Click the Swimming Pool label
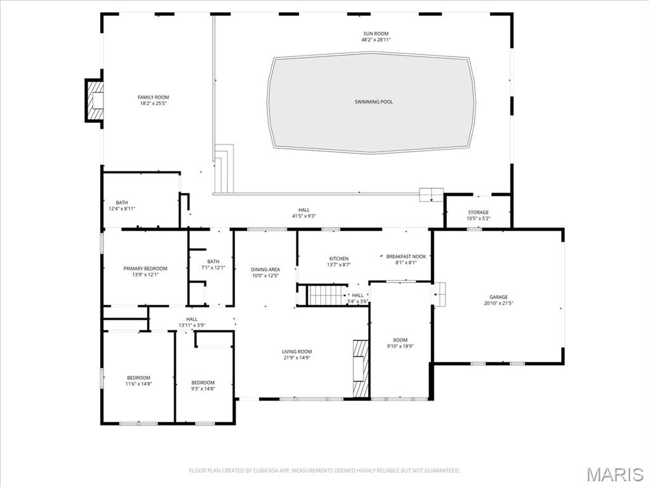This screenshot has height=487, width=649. click(373, 102)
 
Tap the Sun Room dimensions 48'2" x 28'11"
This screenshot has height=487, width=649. click(376, 40)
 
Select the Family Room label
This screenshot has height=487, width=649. click(153, 97)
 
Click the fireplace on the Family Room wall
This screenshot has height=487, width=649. click(94, 101)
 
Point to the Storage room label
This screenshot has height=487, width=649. click(478, 212)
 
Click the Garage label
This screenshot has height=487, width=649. click(498, 297)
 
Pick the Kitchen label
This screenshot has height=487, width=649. click(338, 259)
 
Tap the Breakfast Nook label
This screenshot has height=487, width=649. click(406, 256)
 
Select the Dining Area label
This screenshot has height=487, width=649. click(266, 269)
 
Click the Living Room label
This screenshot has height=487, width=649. click(297, 351)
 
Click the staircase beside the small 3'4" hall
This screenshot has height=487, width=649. click(327, 295)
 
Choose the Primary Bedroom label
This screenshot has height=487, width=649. click(145, 269)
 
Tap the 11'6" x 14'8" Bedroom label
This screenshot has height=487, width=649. click(139, 378)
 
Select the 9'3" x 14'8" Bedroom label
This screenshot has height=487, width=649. click(203, 383)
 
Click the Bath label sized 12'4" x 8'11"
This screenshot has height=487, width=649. click(122, 203)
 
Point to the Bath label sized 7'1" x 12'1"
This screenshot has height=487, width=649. click(213, 262)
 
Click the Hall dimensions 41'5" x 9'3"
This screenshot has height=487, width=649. click(304, 216)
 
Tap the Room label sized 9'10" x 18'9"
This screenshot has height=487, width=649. click(401, 341)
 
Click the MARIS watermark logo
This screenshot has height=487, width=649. click(615, 474)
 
